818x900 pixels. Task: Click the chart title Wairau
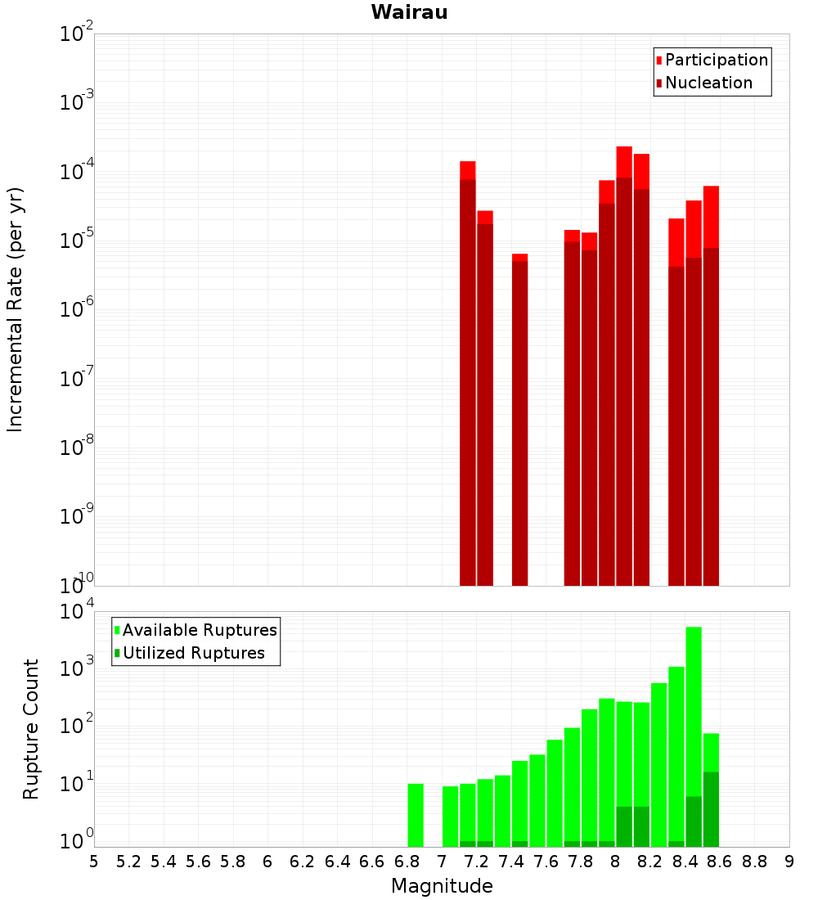point(409,12)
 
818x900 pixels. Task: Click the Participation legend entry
point(717,60)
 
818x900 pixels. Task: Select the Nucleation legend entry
point(708,83)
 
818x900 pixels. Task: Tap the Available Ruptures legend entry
point(200,630)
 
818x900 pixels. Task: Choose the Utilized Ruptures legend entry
point(193,653)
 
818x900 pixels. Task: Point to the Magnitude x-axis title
point(442,886)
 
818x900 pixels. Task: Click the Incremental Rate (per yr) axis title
point(16,310)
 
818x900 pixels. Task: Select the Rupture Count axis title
point(31,729)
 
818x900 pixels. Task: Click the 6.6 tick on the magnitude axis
point(372,861)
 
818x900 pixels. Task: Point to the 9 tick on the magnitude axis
point(789,861)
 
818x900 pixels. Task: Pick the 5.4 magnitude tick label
point(164,861)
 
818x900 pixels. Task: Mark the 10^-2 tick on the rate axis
point(75,34)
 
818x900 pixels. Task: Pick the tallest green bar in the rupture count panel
point(694,736)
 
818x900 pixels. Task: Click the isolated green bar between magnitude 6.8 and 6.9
point(416,815)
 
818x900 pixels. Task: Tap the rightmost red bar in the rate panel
point(711,385)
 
